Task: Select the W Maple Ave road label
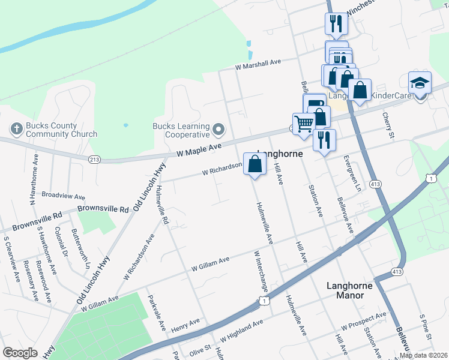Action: [200, 150]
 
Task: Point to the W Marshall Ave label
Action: [258, 65]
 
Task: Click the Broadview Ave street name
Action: [63, 196]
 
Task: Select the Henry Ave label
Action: [185, 326]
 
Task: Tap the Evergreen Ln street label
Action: [353, 174]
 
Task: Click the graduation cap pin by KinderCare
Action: [420, 83]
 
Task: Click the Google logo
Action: [20, 353]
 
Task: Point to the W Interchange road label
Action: [259, 273]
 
